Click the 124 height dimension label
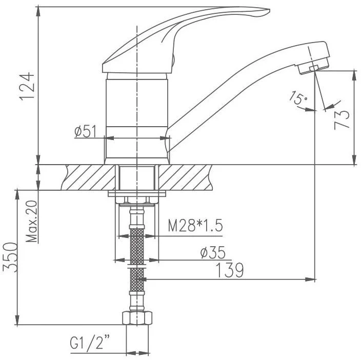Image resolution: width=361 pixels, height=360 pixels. [27, 86]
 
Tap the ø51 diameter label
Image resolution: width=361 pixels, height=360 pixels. [85, 131]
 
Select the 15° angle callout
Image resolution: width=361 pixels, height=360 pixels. [298, 97]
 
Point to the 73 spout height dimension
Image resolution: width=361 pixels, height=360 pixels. [342, 120]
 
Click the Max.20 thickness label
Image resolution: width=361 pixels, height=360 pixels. [32, 221]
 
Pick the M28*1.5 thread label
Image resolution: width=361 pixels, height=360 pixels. [195, 226]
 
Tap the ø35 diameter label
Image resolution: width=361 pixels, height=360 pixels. [212, 252]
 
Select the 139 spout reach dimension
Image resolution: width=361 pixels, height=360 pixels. [230, 270]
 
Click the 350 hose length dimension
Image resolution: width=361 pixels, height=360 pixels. [10, 257]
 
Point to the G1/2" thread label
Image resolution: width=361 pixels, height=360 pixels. [90, 342]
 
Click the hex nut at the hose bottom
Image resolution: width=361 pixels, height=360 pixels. [137, 318]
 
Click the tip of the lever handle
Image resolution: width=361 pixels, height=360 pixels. [269, 10]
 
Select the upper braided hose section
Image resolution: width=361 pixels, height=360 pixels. [137, 246]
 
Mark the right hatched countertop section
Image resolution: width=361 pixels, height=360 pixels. [185, 177]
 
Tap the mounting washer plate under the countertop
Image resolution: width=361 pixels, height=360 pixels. [137, 193]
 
